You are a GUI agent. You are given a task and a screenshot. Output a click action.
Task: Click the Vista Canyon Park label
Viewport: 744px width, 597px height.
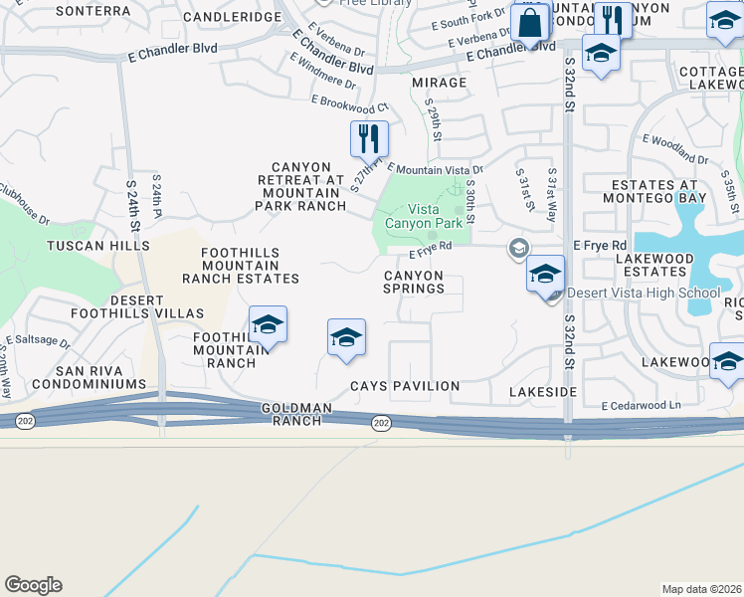click(438, 216)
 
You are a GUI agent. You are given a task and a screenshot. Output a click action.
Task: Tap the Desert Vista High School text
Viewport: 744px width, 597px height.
click(643, 294)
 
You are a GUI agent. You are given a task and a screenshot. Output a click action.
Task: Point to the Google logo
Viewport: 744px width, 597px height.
click(33, 585)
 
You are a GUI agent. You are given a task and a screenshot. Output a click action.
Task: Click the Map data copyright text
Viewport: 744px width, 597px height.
click(701, 588)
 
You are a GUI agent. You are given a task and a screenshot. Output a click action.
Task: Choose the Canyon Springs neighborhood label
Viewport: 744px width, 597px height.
click(414, 282)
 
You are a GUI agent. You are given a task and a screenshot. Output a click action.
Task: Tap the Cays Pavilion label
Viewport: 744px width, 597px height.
click(405, 386)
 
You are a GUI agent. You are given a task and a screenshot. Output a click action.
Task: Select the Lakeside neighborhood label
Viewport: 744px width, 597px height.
click(542, 392)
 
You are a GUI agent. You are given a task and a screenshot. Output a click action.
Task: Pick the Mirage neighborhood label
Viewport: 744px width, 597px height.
click(439, 83)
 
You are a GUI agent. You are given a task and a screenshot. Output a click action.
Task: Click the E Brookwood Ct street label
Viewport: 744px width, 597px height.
click(349, 104)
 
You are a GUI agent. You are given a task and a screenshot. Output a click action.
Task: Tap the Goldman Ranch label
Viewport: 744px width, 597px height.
click(291, 415)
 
